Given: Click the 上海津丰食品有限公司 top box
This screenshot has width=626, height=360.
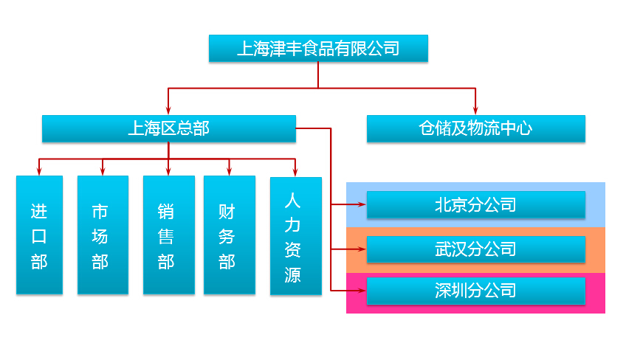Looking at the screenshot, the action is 318,48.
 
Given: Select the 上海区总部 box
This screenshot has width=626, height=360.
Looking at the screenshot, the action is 169,128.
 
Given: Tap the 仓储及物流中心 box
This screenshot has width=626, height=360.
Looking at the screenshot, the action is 476,128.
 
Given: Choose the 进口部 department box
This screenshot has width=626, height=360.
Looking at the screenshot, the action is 39,235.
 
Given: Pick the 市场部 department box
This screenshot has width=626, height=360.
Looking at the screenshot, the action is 103,235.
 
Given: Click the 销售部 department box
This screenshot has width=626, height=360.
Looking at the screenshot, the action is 169,235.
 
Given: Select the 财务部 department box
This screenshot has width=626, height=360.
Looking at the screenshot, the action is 230,235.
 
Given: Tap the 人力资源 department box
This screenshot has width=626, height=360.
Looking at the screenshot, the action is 296,236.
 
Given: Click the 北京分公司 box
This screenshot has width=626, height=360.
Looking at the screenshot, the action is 476,205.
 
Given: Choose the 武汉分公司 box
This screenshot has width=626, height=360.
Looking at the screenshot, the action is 476,249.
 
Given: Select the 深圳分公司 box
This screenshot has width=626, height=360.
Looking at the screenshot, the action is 476,291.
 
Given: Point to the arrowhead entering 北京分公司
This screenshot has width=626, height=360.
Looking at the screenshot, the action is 362,204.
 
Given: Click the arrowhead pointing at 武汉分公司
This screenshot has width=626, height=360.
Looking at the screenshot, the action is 362,249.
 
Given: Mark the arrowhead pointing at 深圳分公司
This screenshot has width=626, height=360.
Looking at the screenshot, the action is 362,291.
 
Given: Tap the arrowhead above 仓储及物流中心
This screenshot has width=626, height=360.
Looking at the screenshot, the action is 475,110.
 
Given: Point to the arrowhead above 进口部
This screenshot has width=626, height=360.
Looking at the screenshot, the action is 38,171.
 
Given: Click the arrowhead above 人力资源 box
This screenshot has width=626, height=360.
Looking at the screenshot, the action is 295,172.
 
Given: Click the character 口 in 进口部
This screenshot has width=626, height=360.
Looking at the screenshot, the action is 39,236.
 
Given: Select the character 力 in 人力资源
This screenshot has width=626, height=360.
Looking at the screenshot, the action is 292,226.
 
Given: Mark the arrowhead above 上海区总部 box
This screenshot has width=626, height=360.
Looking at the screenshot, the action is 168,110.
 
